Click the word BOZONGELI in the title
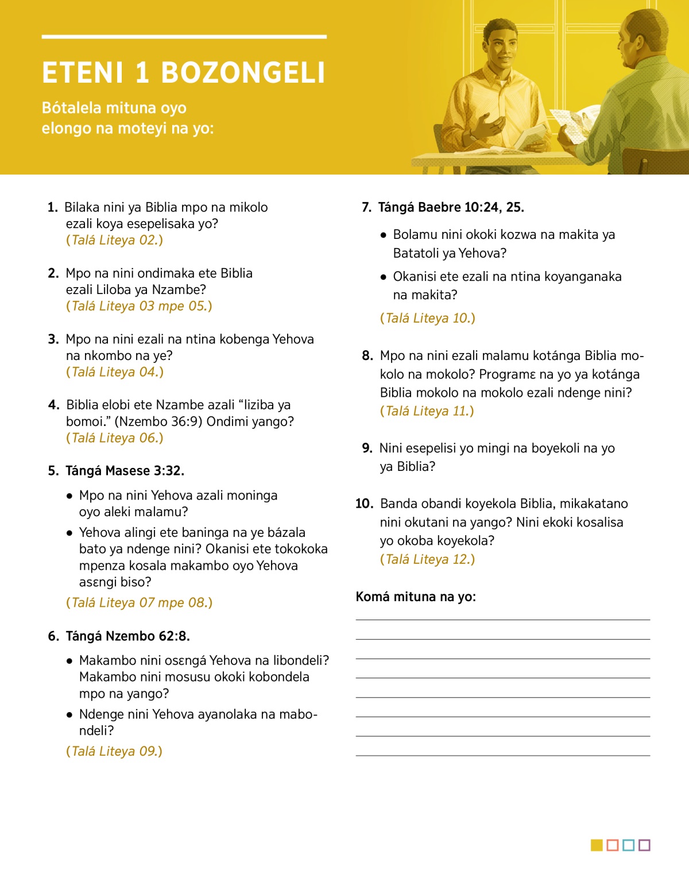pos(243,73)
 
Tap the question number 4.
pos(53,405)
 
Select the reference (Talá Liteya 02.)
pos(114,240)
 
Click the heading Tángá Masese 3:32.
pos(125,471)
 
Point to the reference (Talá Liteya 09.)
pos(114,751)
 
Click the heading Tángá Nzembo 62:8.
pos(127,636)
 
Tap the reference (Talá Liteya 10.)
pos(428,318)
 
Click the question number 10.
pos(364,504)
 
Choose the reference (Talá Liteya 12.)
pos(428,559)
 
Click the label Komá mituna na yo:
pos(416,597)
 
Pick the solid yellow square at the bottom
pos(597,845)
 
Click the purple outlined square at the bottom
pos(644,845)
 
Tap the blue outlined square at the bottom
pos(628,845)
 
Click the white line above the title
pos(184,37)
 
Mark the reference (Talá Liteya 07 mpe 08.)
pos(140,602)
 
